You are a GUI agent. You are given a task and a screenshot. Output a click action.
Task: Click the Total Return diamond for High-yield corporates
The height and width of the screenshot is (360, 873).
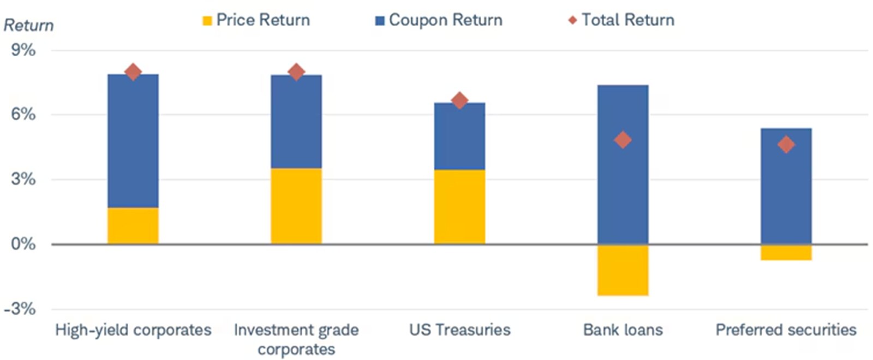pos(133,71)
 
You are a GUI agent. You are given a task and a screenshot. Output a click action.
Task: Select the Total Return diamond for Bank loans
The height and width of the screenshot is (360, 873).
pos(623,140)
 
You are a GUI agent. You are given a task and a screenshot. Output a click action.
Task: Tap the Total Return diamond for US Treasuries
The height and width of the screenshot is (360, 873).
pos(459,100)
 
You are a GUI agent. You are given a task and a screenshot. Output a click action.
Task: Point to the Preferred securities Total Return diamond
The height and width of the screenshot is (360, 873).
pos(786,145)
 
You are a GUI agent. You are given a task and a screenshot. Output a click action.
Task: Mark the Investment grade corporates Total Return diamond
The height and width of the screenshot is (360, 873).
pos(296,71)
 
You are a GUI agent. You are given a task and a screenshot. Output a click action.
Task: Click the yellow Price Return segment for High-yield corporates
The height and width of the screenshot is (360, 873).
pos(133,226)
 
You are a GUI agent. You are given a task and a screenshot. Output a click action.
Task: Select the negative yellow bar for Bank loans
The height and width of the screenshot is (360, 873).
pos(623,270)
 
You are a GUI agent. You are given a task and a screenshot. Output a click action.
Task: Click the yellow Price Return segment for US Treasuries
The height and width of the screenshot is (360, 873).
pos(459,207)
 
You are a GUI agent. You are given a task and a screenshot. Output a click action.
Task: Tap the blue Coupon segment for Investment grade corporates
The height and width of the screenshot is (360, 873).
pos(296,121)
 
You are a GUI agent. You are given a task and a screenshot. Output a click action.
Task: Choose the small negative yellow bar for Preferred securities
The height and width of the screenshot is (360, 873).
pos(786,252)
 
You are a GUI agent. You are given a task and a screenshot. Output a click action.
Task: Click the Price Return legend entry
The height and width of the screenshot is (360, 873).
pos(256,20)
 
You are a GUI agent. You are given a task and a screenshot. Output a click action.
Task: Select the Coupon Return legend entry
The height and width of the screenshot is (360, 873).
pos(439,20)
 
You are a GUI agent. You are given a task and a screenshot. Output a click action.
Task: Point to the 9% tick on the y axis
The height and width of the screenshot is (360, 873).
pos(23,50)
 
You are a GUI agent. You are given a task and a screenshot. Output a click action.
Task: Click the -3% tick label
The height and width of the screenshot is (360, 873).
pos(20,309)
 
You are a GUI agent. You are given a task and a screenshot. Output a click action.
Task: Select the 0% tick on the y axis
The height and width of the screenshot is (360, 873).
pos(23,244)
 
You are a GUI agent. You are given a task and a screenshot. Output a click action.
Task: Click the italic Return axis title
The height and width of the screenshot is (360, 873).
pos(28,25)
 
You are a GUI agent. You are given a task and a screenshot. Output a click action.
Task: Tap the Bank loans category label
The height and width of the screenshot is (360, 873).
pos(623,329)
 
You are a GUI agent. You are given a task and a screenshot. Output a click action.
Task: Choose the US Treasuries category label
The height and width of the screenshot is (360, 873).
pos(459,329)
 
